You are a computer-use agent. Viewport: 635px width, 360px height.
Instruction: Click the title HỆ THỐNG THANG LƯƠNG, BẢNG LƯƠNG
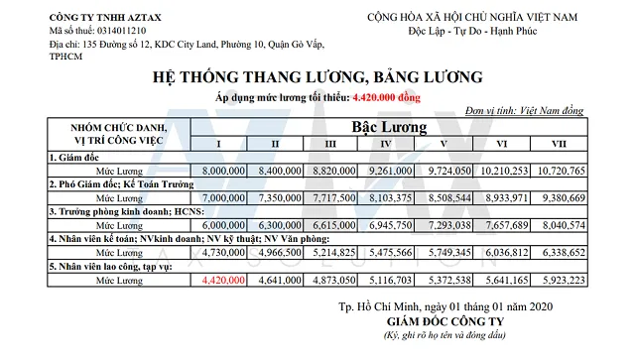[x=317, y=76]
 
